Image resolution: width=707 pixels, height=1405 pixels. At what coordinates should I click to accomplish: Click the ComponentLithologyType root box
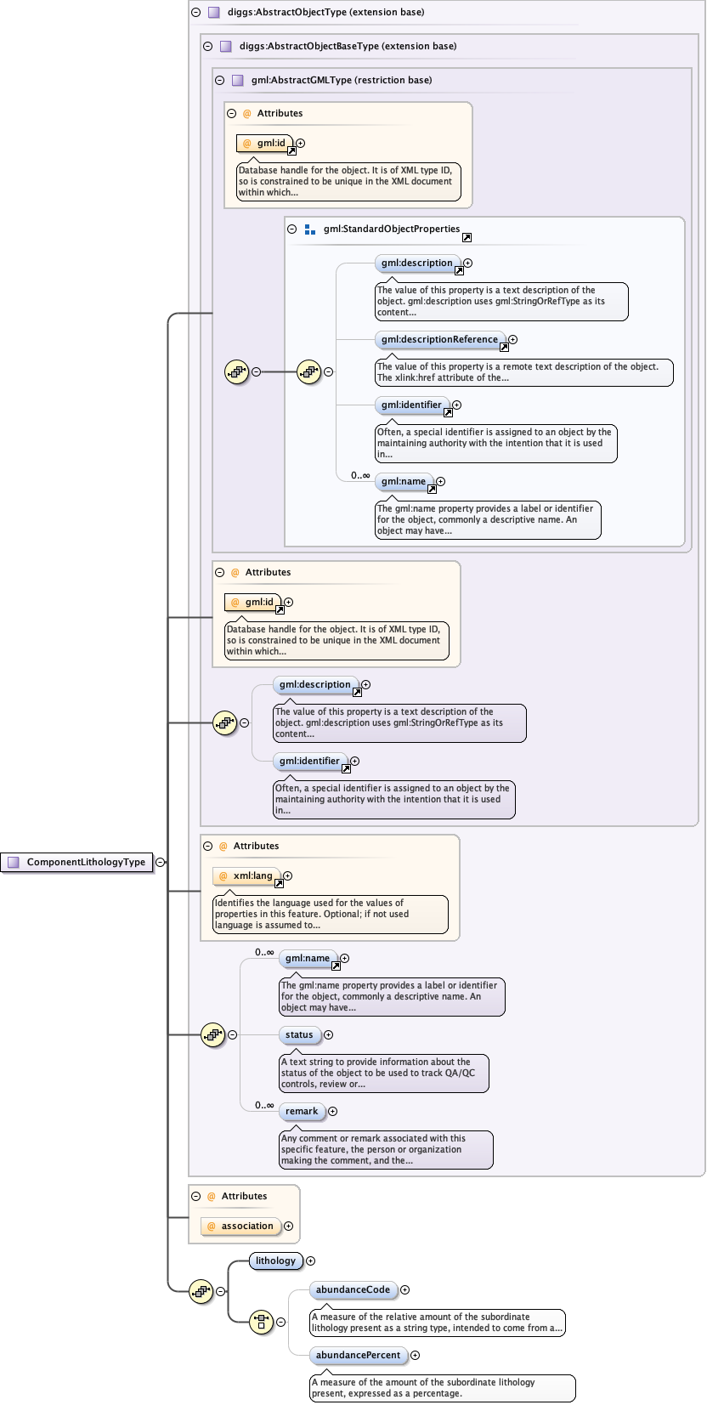pos(77,862)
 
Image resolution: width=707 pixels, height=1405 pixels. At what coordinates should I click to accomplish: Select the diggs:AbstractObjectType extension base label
pos(325,13)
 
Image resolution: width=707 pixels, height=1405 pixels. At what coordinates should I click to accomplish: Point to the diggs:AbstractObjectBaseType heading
pos(348,46)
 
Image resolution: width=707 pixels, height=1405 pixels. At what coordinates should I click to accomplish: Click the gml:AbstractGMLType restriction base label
pos(342,80)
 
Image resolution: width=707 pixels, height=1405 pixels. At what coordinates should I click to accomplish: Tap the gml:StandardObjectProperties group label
pos(391,229)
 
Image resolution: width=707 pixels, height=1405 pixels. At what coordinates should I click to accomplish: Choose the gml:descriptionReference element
pos(439,340)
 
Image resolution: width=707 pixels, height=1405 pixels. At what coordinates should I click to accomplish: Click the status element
pos(299,1035)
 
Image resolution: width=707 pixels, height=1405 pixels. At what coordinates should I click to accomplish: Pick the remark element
pos(302,1112)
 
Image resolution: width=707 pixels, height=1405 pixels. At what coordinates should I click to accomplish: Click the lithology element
pos(275,1261)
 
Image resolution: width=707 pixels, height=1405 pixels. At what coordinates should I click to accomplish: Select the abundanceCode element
pos(353,1290)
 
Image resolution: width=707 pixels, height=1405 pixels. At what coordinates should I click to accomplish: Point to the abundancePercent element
pos(358,1356)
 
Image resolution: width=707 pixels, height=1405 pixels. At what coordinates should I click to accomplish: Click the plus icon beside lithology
pos(310,1261)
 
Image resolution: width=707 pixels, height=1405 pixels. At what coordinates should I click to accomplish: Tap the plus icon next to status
pos(328,1035)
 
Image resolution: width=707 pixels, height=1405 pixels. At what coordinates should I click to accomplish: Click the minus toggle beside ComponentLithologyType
pos(160,862)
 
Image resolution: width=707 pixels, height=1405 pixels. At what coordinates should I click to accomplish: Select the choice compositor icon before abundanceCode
pos(261,1322)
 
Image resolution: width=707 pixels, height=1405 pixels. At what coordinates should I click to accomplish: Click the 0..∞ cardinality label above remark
pos(264,1106)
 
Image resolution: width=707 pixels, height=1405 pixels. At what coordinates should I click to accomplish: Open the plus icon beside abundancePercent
pos(415,1356)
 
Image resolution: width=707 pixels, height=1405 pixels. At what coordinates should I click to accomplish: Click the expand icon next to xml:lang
pos(287,875)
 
